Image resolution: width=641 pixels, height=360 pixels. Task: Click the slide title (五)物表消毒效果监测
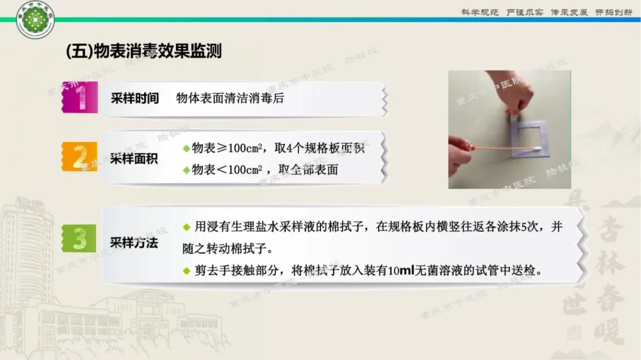(x=143, y=51)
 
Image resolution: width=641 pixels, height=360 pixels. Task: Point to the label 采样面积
(x=135, y=159)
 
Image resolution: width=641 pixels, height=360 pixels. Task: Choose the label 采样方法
(x=135, y=242)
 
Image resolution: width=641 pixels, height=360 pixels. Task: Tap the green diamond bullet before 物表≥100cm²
(x=186, y=148)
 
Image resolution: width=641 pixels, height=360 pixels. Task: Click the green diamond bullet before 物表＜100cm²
(x=186, y=170)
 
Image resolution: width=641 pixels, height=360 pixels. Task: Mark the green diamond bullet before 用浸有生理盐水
(x=186, y=227)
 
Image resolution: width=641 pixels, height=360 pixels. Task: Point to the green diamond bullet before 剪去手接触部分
(x=186, y=271)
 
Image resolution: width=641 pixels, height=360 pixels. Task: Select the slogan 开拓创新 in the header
(x=614, y=12)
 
